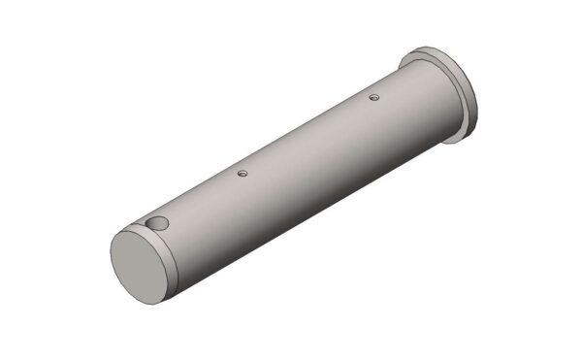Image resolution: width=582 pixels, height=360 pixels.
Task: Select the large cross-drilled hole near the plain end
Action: [157, 225]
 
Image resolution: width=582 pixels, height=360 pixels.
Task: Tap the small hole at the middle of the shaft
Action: [242, 174]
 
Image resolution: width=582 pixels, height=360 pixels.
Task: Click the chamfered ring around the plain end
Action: [172, 250]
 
